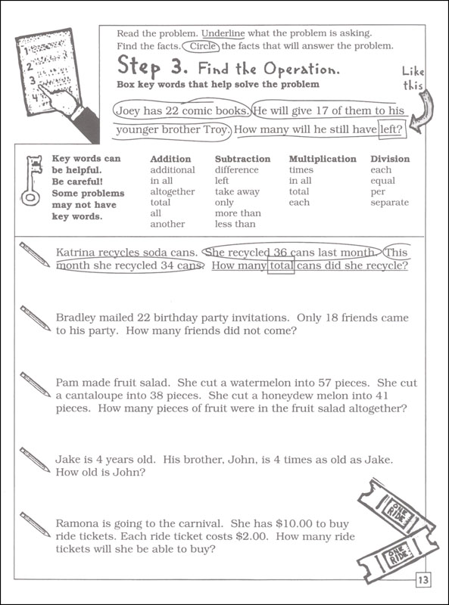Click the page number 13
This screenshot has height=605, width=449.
[x=422, y=581]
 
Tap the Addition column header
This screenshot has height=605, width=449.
[x=170, y=159]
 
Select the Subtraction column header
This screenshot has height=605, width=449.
[x=242, y=159]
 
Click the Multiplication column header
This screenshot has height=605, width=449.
[x=323, y=159]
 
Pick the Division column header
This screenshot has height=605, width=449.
[x=390, y=159]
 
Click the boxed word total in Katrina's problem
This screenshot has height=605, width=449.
[x=281, y=266]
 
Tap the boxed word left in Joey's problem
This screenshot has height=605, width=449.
[x=391, y=130]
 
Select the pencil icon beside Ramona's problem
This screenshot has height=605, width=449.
[x=35, y=523]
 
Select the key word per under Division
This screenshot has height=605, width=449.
[x=378, y=191]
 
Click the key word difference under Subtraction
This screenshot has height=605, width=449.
[x=236, y=170]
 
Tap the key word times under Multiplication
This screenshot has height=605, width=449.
[x=301, y=170]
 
